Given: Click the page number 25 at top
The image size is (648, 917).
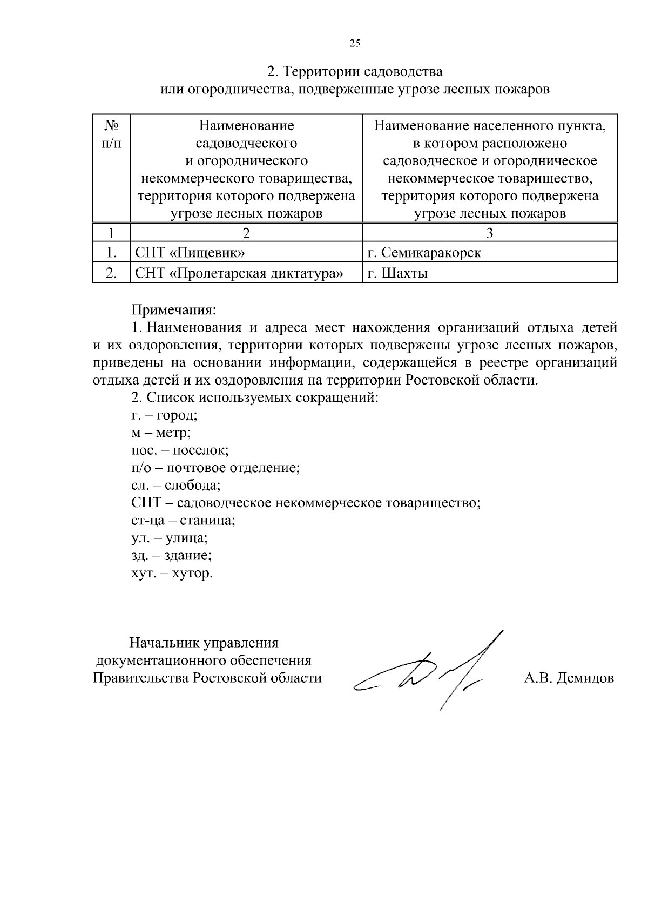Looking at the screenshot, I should (355, 44).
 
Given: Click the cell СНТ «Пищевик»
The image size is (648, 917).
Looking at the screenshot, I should (190, 253).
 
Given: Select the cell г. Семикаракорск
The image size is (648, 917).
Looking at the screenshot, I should (424, 253).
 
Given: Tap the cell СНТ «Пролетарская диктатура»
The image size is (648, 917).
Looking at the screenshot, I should (239, 273).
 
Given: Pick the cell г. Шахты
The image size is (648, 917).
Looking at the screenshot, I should (397, 273).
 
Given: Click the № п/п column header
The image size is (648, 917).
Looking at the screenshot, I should (111, 134).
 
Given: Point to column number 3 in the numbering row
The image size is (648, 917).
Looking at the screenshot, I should (489, 233).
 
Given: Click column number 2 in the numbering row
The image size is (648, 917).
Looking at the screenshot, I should (246, 233).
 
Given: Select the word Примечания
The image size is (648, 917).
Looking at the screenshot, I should (173, 310).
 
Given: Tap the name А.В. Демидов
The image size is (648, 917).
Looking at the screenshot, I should (569, 678).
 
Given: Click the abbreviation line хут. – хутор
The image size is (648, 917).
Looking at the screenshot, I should (172, 573).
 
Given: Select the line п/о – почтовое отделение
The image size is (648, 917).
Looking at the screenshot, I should (215, 468).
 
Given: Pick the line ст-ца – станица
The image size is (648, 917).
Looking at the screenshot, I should (183, 521).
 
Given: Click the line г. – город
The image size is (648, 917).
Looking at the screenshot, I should (164, 415).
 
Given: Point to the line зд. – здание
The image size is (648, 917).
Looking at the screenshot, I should (171, 555).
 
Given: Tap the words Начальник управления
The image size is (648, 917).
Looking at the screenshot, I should (204, 643).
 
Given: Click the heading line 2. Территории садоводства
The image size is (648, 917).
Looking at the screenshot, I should (355, 71).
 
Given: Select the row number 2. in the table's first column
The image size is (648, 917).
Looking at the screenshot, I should (111, 273).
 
